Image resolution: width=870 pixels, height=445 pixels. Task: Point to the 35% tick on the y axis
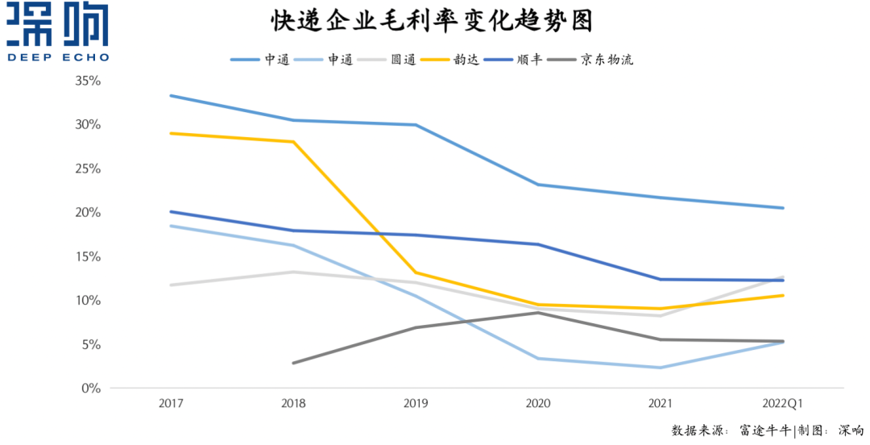click(87, 81)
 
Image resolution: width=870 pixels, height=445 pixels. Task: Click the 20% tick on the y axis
click(87, 213)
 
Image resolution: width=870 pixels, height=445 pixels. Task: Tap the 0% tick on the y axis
click(90, 389)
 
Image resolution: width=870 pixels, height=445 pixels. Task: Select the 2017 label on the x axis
click(171, 402)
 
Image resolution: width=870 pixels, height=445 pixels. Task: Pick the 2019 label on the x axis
click(415, 402)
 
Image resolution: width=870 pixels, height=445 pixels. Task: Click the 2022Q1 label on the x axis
click(782, 402)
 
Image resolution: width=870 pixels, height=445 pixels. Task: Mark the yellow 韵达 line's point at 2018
click(293, 142)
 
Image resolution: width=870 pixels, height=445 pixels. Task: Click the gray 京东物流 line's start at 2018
click(293, 363)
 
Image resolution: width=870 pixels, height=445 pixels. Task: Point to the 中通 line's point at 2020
click(538, 185)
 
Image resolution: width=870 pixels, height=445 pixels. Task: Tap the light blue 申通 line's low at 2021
click(661, 368)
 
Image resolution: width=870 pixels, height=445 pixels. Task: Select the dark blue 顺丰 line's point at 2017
click(171, 212)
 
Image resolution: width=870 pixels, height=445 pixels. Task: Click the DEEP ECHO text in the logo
click(57, 57)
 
